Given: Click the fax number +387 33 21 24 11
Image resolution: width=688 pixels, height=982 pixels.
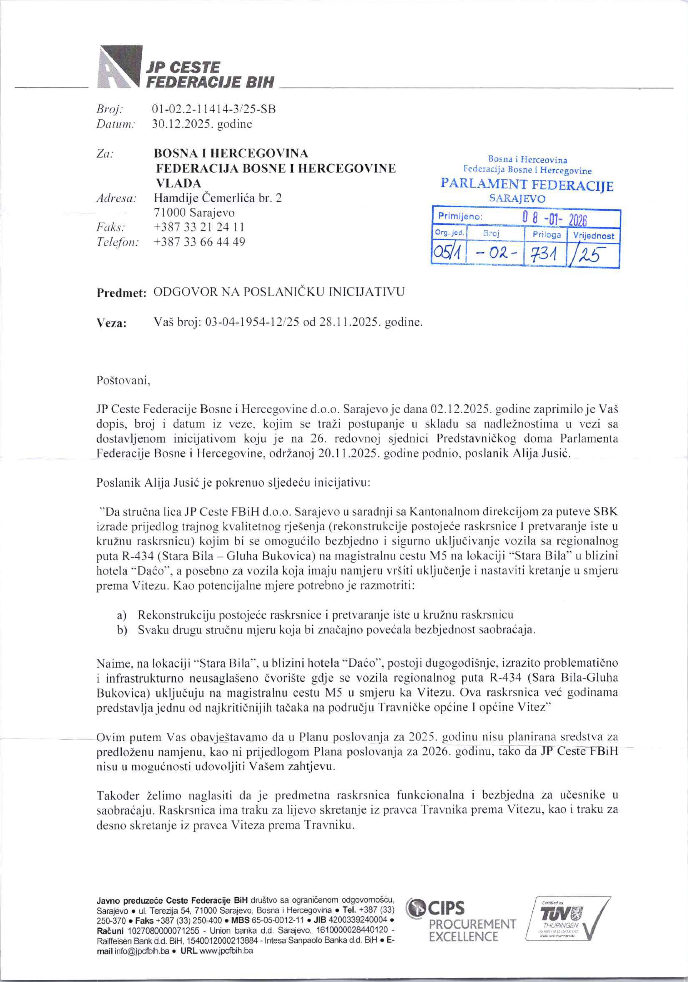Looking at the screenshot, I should (199, 227).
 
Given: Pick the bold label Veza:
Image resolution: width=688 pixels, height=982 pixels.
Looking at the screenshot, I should (112, 323).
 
